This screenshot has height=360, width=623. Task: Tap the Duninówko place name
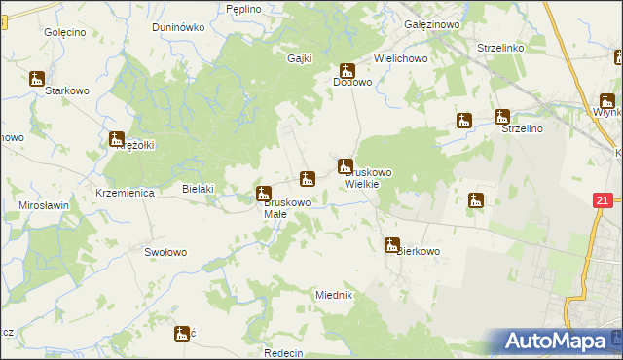click(x=176, y=27)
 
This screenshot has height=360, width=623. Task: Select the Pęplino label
click(x=243, y=9)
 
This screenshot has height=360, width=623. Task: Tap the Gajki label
click(x=299, y=58)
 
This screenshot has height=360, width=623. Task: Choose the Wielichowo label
click(x=402, y=58)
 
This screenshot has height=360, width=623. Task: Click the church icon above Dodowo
click(x=347, y=71)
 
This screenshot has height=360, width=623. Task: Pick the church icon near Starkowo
click(x=37, y=79)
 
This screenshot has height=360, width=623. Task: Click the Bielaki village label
click(x=199, y=189)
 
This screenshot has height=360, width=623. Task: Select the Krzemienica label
click(x=126, y=194)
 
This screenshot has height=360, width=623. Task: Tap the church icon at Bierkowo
click(x=391, y=245)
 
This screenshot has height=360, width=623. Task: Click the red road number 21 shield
click(x=603, y=200)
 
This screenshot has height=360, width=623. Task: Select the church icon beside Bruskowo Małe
click(x=263, y=194)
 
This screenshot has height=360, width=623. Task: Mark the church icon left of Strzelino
click(x=465, y=121)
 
